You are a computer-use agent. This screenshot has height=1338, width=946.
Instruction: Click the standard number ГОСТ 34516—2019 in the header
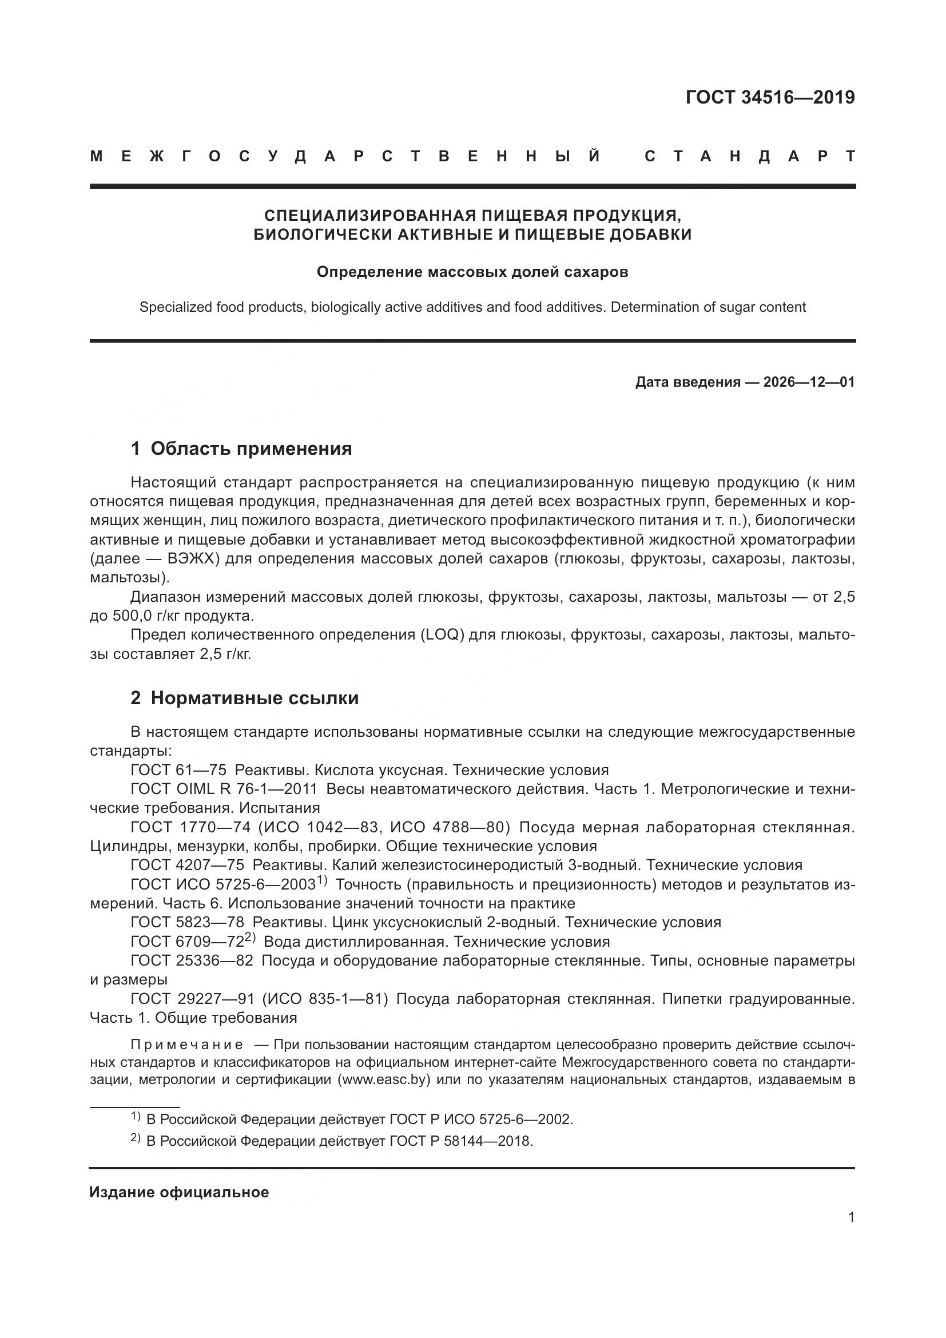(x=769, y=97)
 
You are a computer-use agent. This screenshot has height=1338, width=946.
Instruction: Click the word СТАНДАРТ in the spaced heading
(x=750, y=156)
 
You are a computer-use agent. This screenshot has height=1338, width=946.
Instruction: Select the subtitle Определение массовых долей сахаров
(x=472, y=272)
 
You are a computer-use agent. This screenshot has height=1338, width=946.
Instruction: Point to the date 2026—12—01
(x=809, y=382)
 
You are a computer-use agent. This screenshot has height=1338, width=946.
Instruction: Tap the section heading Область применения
(x=251, y=448)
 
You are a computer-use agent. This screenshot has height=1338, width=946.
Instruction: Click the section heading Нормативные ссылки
(x=255, y=698)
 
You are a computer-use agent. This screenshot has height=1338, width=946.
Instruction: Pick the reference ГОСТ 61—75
(x=178, y=771)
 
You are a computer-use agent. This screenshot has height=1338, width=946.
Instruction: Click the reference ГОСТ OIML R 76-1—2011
(x=224, y=789)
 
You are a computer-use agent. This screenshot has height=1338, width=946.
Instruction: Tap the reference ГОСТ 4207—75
(x=187, y=865)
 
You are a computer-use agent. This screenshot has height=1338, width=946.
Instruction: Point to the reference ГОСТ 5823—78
(x=187, y=923)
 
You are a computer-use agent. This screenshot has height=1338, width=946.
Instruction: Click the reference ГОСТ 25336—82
(x=192, y=960)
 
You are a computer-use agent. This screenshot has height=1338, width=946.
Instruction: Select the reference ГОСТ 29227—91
(x=192, y=999)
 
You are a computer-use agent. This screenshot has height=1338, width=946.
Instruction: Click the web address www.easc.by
(x=383, y=1079)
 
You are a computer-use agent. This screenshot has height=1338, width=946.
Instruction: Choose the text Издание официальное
(x=179, y=1192)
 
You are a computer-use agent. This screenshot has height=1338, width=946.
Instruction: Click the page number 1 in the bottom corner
(x=851, y=1217)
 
